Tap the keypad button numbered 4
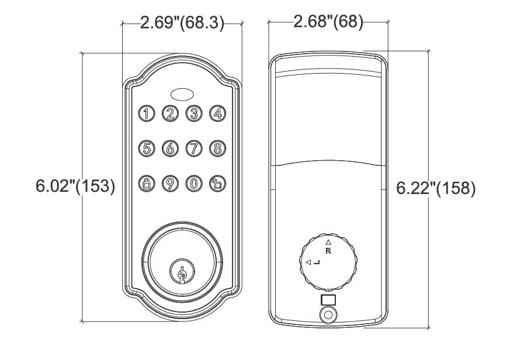click(217, 113)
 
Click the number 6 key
click(170, 148)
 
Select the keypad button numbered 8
click(217, 148)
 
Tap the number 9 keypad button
click(170, 184)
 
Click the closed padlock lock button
click(147, 184)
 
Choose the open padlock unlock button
click(217, 184)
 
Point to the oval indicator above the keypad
click(182, 94)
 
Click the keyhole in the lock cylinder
click(182, 272)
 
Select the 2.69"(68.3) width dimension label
click(182, 23)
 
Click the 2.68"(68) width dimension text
click(328, 22)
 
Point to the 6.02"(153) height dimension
click(75, 186)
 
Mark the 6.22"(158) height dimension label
click(436, 188)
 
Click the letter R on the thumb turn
click(328, 251)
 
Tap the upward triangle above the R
click(328, 242)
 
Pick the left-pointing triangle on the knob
click(308, 262)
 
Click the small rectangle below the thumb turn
click(328, 300)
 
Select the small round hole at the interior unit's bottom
click(328, 315)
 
